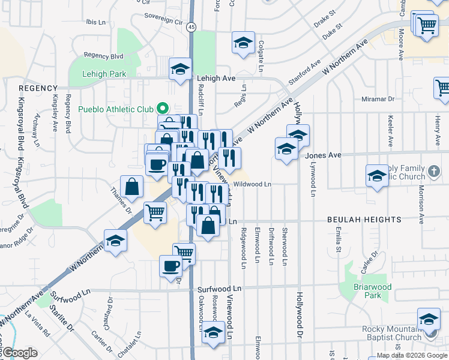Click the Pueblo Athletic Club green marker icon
[x=161, y=109]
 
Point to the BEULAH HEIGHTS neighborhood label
[x=364, y=220]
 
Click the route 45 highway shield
[x=191, y=27]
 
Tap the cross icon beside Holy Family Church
[x=435, y=173]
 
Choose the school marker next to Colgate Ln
[x=243, y=43]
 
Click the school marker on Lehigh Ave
[x=180, y=70]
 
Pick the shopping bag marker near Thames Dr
[x=132, y=186]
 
